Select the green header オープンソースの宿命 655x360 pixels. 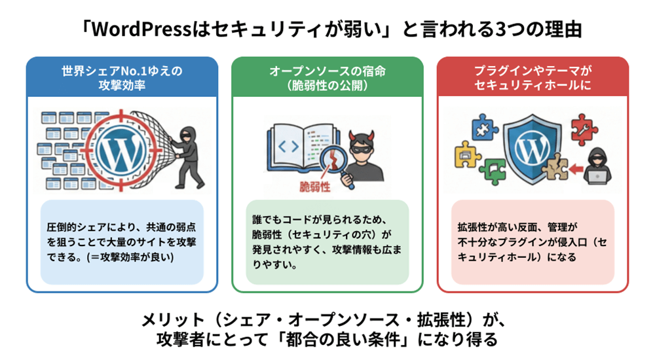[327, 77]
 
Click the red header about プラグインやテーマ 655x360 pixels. [533, 77]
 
